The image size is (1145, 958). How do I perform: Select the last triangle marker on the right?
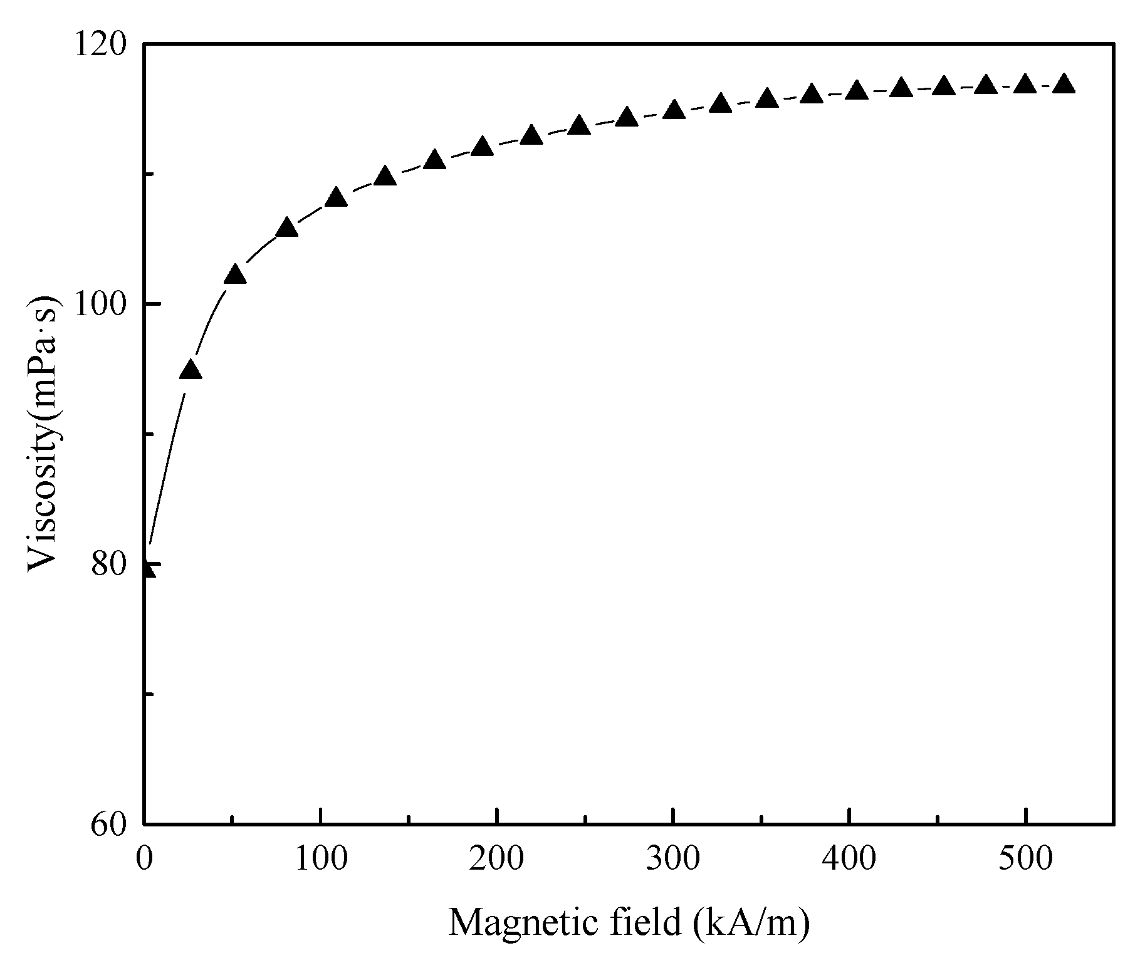click(1064, 84)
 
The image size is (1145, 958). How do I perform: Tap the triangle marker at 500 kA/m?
click(1025, 84)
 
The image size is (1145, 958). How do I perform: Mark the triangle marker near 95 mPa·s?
click(191, 370)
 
